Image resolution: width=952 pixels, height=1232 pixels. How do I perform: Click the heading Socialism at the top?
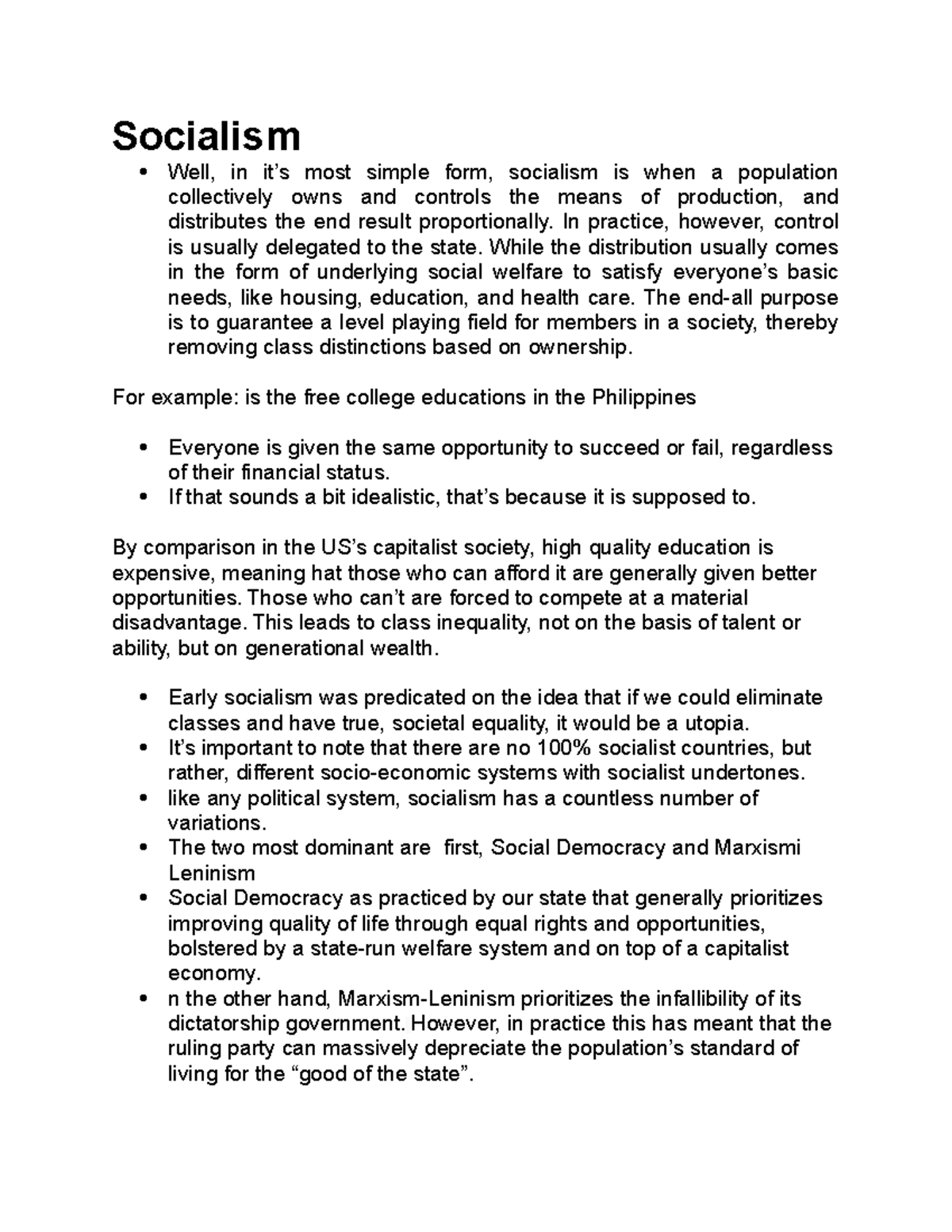[x=206, y=136]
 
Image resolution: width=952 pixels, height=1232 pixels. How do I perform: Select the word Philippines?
[x=644, y=397]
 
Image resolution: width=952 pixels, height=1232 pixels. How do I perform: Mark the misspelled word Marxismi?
[x=758, y=848]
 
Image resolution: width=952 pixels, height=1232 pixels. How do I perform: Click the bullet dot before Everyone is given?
[x=144, y=448]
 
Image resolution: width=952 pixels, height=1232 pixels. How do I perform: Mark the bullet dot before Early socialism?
[x=144, y=698]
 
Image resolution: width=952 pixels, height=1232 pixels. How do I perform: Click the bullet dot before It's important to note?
[x=144, y=748]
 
